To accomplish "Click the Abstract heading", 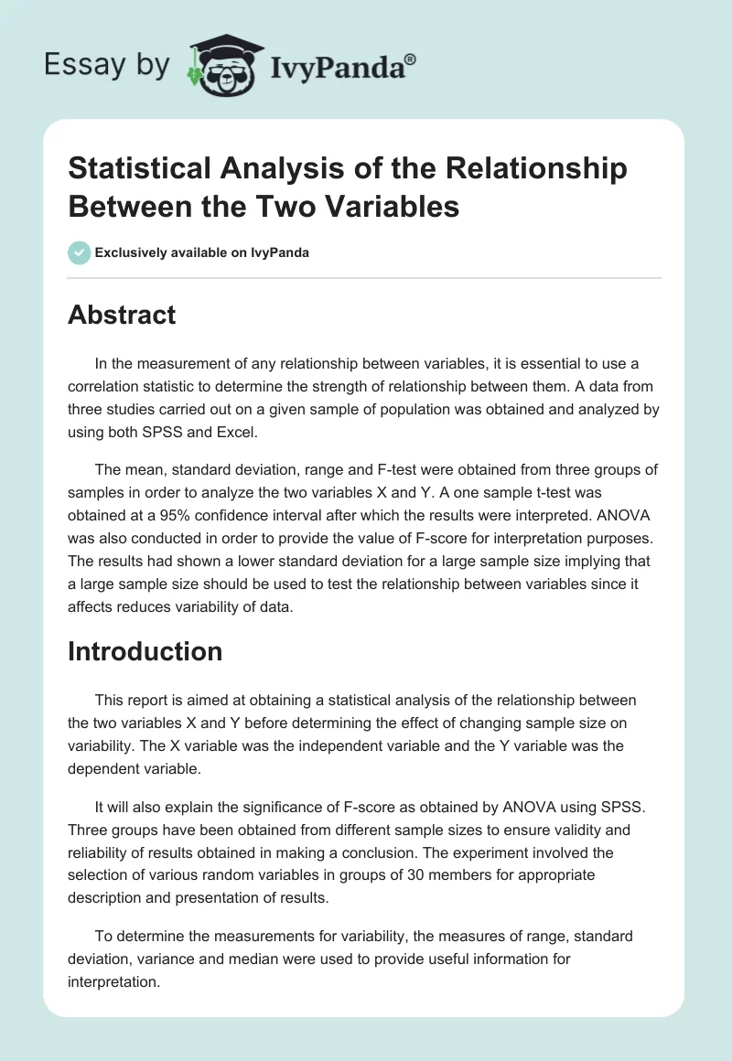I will coord(122,315).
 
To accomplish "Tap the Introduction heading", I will coord(145,651).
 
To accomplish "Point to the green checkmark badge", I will coord(80,252).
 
